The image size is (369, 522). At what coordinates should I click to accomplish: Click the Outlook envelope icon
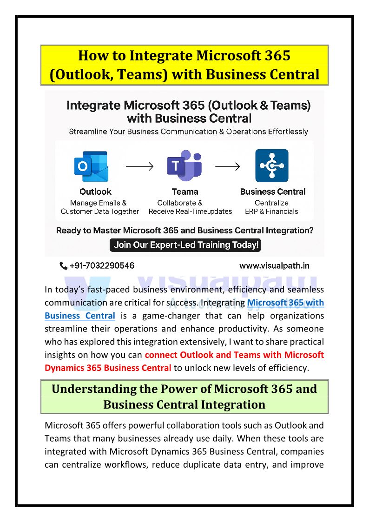tap(92, 166)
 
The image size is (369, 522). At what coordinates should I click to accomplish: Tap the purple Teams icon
tap(184, 166)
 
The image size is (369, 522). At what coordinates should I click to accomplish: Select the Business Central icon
tap(272, 166)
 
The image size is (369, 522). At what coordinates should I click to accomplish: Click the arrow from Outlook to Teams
tap(140, 166)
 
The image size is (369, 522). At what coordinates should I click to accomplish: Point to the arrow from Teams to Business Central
tap(227, 166)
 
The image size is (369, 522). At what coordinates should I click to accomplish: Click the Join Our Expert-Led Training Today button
tap(184, 245)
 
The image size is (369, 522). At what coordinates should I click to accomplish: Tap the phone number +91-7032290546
tap(102, 266)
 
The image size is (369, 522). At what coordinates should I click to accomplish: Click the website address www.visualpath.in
tap(274, 266)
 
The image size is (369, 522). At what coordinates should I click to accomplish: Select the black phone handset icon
tap(64, 266)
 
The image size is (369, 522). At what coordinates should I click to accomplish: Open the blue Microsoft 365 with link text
tap(285, 303)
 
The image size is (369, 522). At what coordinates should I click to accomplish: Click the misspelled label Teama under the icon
tap(184, 192)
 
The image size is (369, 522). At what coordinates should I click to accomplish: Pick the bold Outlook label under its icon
tap(95, 192)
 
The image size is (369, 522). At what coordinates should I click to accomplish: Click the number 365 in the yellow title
tap(274, 56)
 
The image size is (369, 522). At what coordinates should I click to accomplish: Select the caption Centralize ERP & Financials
tap(272, 207)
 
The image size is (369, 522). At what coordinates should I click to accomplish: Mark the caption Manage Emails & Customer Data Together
tap(99, 207)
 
